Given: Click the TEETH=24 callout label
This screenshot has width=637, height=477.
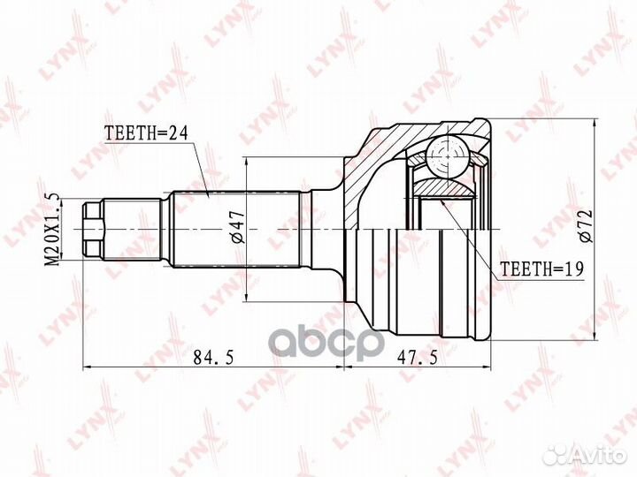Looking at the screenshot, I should [x=147, y=135].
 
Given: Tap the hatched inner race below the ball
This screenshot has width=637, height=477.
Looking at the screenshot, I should [x=442, y=187].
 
